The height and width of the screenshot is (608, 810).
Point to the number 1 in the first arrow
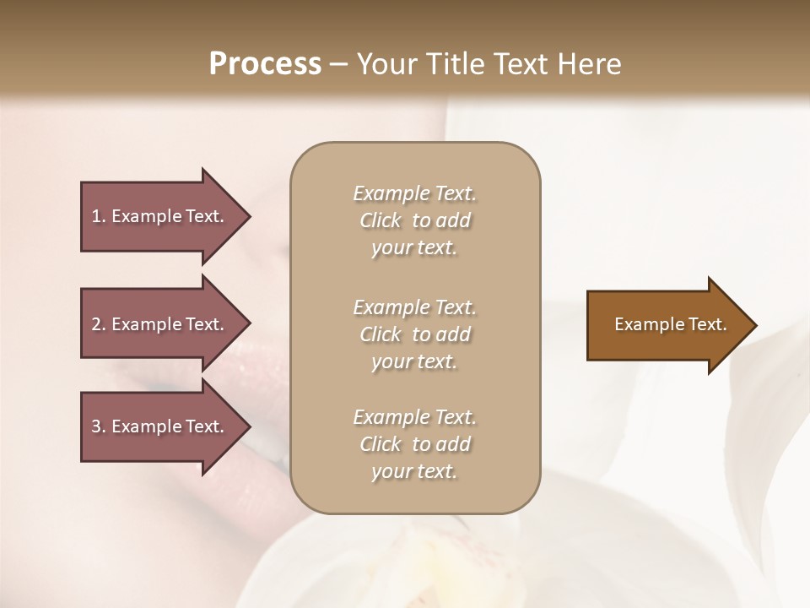pos(96,216)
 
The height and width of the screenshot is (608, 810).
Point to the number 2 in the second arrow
pos(96,324)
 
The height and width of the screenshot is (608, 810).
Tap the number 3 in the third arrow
pos(96,426)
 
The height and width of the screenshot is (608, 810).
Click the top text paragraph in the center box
pos(414,220)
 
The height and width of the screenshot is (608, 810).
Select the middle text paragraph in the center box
pos(414,334)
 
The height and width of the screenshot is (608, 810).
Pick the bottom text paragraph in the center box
pos(414,444)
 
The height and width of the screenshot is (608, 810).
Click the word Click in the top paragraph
pos(381,221)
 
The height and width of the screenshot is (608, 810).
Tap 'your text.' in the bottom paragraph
pos(414,471)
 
